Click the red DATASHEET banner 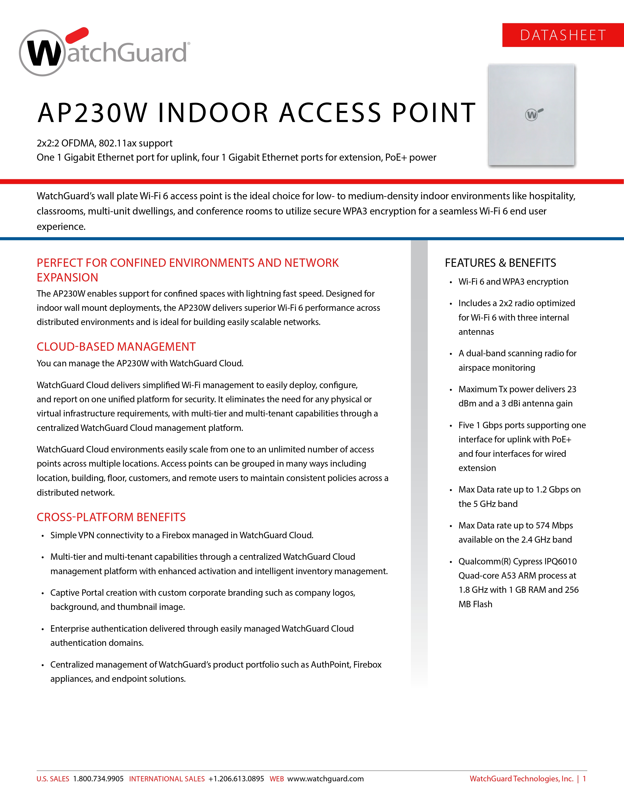(x=563, y=35)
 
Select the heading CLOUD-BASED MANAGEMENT (x=116, y=347)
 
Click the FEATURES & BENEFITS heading (x=500, y=263)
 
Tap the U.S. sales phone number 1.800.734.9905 (x=98, y=779)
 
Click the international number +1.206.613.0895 (x=236, y=779)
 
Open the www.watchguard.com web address (x=325, y=779)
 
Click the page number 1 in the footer (x=584, y=779)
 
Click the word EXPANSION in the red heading (x=67, y=278)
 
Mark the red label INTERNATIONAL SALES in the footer (x=167, y=779)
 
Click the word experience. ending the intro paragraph (x=61, y=226)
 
